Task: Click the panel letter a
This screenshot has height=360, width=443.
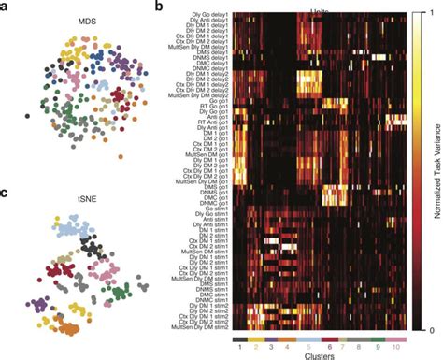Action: (5, 7)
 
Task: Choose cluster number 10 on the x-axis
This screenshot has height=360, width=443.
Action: (400, 345)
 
